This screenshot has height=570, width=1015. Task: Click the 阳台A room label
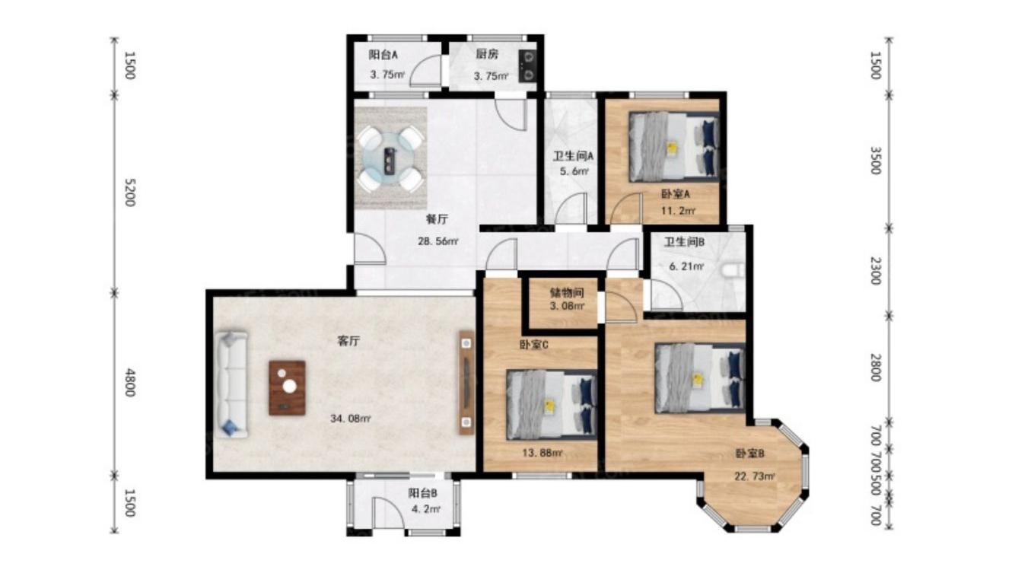pos(383,56)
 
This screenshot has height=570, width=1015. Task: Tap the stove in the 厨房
pos(528,65)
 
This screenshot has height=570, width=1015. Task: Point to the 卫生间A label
pos(573,156)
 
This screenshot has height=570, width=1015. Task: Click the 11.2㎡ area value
pos(678,211)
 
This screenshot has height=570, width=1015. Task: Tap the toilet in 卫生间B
pos(733,271)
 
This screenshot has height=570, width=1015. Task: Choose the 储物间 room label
pos(566,292)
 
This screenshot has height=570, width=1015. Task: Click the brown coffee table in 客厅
pos(287,388)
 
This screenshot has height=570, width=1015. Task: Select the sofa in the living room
pos(231,384)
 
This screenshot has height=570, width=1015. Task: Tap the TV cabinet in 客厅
pos(466,383)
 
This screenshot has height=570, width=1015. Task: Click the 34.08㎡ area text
pos(350,419)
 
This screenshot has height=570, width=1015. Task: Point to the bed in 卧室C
pos(552,405)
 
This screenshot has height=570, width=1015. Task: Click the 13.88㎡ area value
pos(542,453)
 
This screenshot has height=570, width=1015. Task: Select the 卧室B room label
pos(750,453)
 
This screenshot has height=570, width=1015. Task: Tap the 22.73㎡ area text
pos(755,476)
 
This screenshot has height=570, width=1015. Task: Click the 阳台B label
pos(422,492)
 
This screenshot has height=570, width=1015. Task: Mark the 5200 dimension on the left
pos(130,193)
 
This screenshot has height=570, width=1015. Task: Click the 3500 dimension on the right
pos(876,161)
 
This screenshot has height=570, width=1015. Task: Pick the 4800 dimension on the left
pos(130,383)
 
